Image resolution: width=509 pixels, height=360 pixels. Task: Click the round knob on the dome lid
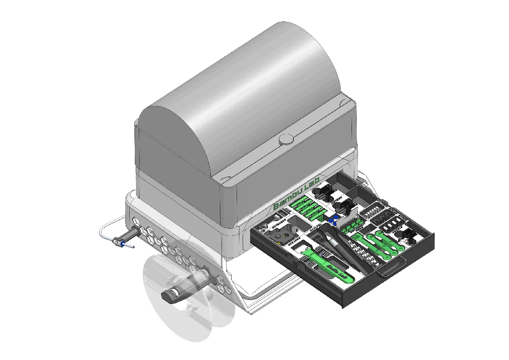[286, 140]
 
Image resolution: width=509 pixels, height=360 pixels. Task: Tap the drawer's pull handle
[392, 267]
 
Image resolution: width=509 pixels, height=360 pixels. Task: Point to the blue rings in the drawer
[333, 220]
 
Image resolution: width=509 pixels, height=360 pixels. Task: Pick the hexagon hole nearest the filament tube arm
[142, 230]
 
